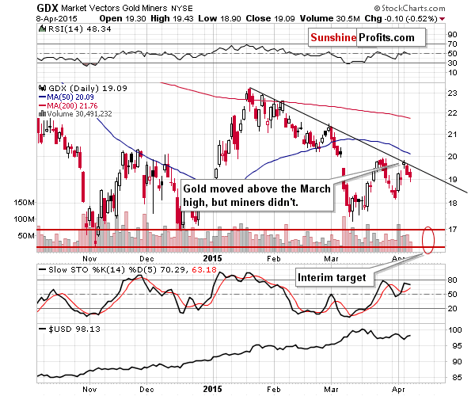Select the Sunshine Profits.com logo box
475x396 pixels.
coord(366,36)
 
